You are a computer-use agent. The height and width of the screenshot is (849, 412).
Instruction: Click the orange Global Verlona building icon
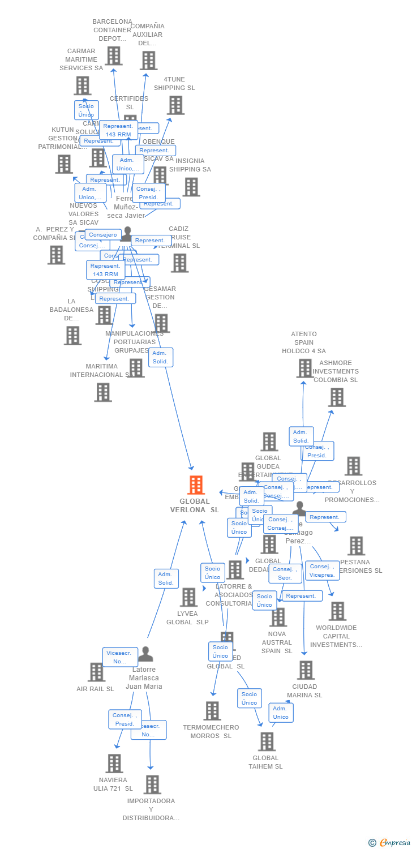[x=195, y=485]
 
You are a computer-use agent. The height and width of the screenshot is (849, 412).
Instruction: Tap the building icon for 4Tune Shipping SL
[x=175, y=105]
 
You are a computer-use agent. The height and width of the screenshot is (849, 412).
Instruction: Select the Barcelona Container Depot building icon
[x=114, y=56]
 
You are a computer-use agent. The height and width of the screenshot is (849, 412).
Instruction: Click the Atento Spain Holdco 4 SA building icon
[x=304, y=368]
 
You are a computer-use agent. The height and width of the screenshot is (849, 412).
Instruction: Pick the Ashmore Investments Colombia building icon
[x=337, y=397]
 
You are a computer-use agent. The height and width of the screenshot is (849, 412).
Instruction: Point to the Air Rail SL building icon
[x=97, y=672]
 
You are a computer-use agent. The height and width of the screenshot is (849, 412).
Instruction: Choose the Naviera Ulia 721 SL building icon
[x=114, y=764]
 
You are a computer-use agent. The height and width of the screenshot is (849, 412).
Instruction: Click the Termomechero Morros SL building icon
[x=212, y=711]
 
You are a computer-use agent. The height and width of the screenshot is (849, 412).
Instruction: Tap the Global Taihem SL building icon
[x=267, y=741]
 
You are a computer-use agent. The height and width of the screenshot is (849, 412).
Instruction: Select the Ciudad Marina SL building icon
[x=306, y=670]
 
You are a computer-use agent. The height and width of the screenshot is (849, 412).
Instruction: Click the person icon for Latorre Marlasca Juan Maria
[x=145, y=654]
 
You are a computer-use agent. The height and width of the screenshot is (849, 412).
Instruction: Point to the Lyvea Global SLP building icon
[x=188, y=597]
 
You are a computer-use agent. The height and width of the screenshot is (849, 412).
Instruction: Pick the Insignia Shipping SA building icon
[x=191, y=187]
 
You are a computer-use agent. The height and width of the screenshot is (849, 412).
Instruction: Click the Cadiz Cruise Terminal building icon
[x=180, y=263]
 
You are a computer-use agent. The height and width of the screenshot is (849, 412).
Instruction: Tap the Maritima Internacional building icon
[x=103, y=392]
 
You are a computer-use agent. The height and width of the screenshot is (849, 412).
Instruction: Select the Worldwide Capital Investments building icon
[x=337, y=611]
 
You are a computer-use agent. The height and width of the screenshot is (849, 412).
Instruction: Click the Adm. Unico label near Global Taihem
[x=281, y=713]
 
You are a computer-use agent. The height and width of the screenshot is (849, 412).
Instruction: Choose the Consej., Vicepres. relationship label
[x=322, y=571]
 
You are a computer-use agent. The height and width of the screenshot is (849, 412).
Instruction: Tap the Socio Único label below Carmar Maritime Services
[x=86, y=110]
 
